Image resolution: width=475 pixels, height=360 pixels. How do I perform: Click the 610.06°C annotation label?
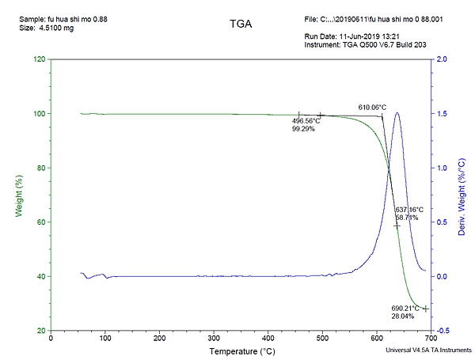[372, 107]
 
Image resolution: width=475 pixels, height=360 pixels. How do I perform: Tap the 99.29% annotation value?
[303, 128]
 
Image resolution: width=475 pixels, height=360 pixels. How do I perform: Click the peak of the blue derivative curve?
[397, 112]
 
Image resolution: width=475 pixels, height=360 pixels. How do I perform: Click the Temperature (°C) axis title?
[241, 350]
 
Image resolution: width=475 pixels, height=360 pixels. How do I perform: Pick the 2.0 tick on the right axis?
[442, 59]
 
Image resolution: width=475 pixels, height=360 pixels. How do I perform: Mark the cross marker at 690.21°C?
[425, 309]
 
